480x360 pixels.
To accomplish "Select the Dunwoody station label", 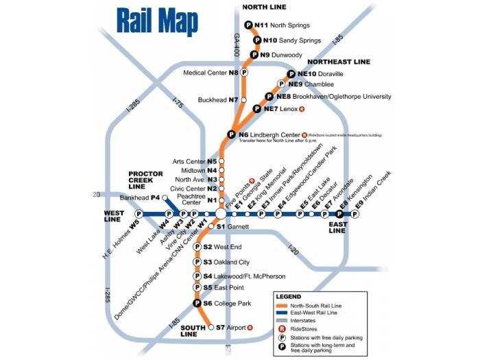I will click(x=281, y=54).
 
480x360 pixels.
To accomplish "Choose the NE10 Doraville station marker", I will click(x=290, y=74).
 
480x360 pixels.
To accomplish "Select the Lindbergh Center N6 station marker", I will click(x=232, y=135).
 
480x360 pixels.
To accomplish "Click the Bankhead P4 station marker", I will click(x=165, y=197).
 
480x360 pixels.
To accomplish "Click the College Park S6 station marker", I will click(x=197, y=303).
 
